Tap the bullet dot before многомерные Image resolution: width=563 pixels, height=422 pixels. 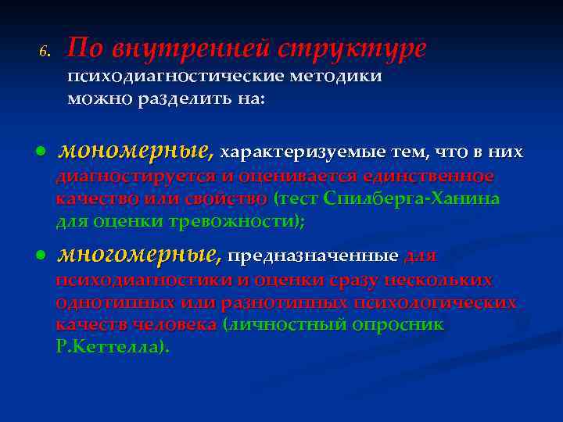41,256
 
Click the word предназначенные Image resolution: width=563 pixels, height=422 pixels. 313,256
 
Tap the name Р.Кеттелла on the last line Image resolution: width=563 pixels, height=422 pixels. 109,345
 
